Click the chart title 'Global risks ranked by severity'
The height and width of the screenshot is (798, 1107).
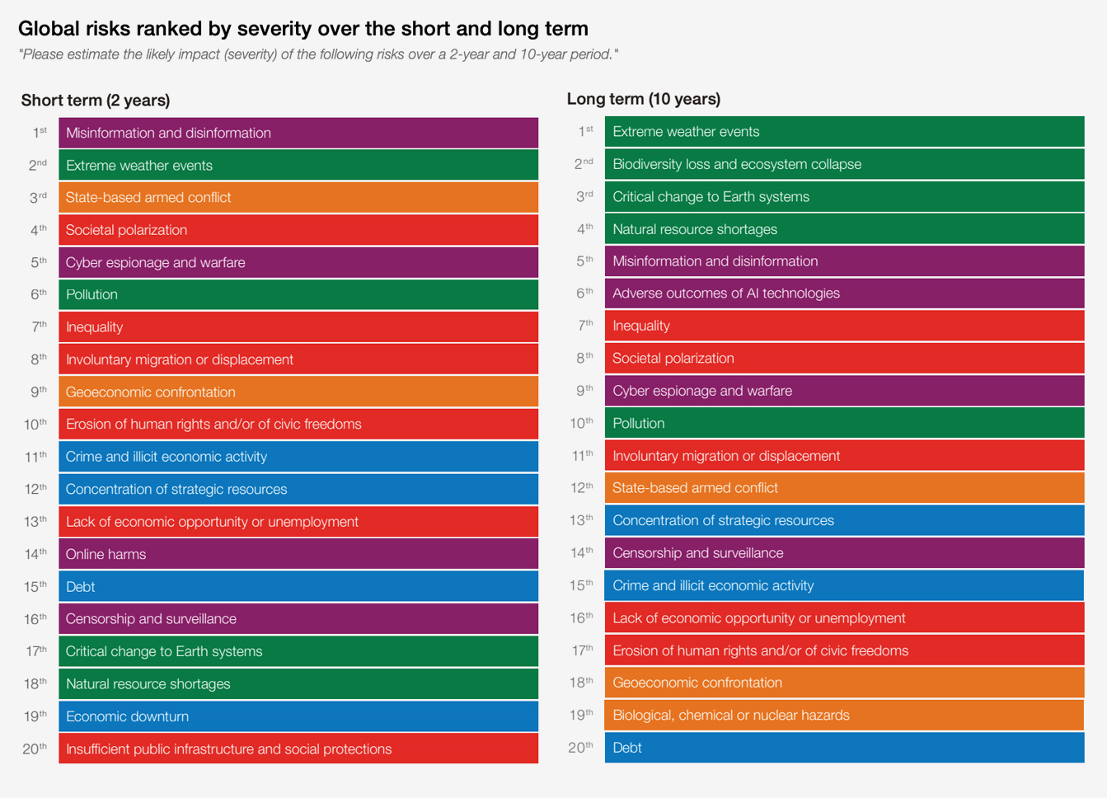[x=303, y=29]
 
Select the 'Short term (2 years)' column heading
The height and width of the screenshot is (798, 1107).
[x=96, y=101]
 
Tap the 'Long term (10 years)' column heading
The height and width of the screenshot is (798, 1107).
[x=643, y=99]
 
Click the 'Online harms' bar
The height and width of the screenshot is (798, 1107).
[x=298, y=554]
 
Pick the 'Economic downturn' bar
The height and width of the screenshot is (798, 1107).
[x=298, y=716]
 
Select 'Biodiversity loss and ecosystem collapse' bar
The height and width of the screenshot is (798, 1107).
[x=844, y=164]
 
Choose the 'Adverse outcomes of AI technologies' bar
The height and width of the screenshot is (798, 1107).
[x=844, y=293]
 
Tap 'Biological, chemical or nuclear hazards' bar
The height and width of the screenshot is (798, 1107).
[x=844, y=716]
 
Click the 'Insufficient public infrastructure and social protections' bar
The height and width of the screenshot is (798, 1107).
[x=298, y=749]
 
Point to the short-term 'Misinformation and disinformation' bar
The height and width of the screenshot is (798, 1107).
[x=298, y=133]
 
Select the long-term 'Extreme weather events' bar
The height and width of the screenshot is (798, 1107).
[x=844, y=132]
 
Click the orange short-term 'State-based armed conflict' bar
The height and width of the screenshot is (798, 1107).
[x=298, y=198]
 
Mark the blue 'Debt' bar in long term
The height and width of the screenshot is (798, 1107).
[x=844, y=748]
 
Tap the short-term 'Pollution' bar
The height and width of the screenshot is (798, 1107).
[x=298, y=294]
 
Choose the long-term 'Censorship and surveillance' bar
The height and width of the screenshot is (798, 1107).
[x=844, y=553]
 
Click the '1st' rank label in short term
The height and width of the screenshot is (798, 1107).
[x=40, y=133]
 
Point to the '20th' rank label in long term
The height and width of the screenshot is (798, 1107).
[x=581, y=748]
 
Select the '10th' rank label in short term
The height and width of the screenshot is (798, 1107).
[x=35, y=425]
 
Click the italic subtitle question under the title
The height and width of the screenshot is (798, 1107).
[x=318, y=54]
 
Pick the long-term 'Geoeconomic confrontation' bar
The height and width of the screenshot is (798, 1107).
[x=844, y=683]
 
